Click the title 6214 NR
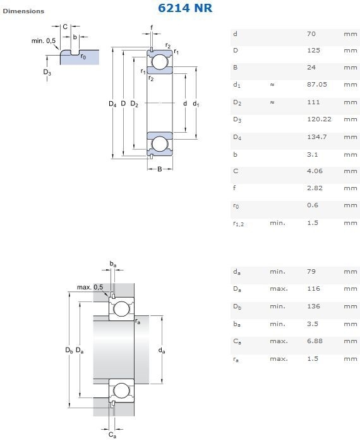[185, 8]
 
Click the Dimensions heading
[23, 11]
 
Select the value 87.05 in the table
[317, 85]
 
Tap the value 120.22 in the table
[319, 119]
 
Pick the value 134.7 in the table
[317, 137]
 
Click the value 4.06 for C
[315, 171]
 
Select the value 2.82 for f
[315, 188]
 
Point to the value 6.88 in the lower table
[315, 341]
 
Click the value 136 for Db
[313, 306]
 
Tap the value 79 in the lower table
[311, 272]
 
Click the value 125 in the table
[313, 51]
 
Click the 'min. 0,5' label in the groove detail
[44, 41]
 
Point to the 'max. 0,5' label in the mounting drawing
[90, 288]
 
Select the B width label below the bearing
[160, 169]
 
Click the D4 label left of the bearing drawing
[112, 104]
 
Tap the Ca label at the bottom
[112, 435]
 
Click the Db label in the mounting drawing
[69, 350]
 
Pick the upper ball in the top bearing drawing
[160, 62]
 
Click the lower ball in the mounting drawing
[121, 391]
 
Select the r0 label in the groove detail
[83, 56]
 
